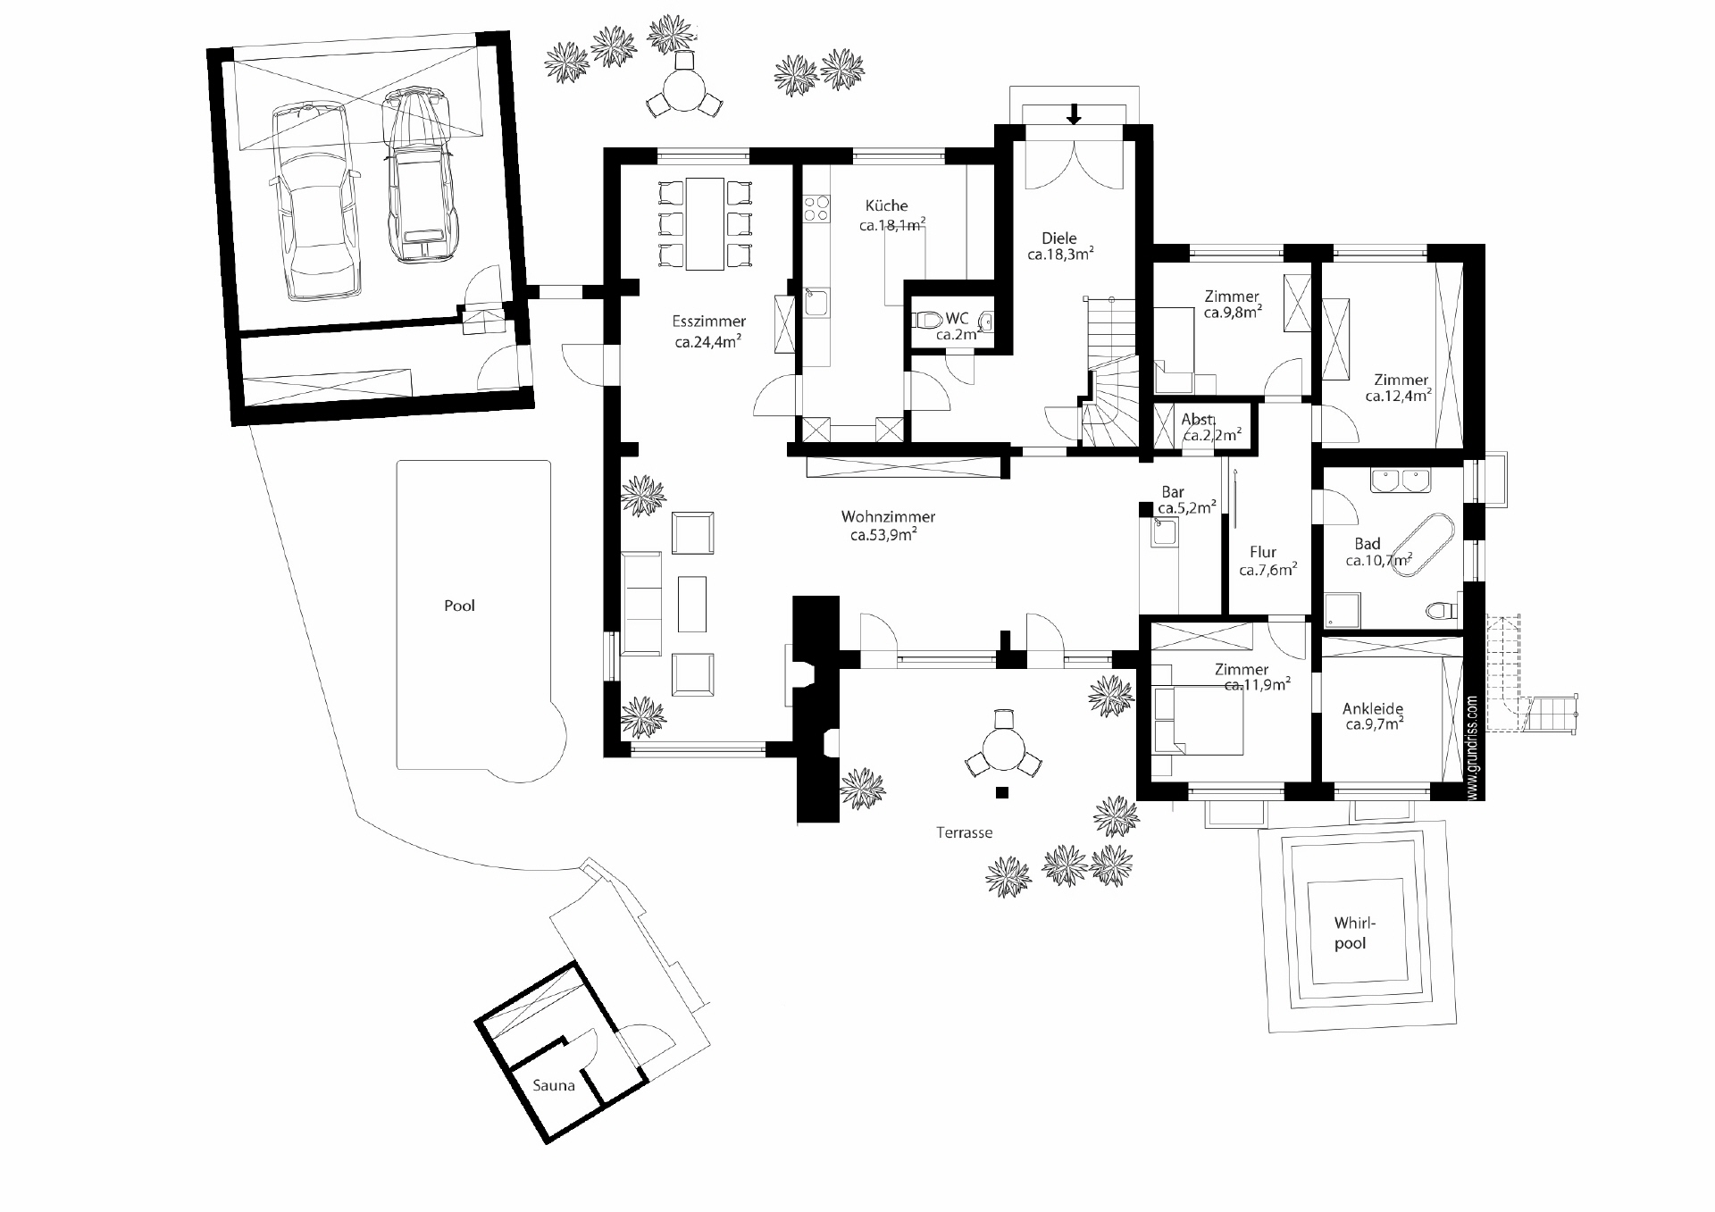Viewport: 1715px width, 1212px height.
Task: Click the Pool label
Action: (459, 606)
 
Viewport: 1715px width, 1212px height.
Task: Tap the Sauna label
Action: (554, 1086)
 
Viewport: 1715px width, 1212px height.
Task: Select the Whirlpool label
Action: (1350, 932)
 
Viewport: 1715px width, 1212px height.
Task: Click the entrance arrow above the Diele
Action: (1074, 114)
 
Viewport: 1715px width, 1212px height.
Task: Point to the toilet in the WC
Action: (926, 320)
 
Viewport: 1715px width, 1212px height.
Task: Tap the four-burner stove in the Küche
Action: (815, 208)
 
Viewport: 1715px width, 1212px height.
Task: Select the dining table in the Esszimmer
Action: (705, 223)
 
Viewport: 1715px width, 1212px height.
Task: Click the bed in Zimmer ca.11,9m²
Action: (1198, 721)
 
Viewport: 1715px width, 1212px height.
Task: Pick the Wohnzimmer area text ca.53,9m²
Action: (883, 536)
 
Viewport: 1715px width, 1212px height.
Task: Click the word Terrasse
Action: (964, 832)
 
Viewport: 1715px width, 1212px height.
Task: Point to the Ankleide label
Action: (1373, 709)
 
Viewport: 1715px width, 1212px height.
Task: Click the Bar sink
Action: (1165, 532)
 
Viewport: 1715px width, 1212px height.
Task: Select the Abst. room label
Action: (1197, 420)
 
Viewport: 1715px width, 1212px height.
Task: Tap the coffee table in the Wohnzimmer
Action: (692, 604)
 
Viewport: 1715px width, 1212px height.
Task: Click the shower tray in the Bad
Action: (1340, 610)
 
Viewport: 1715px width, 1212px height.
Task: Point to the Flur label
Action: (1263, 552)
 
